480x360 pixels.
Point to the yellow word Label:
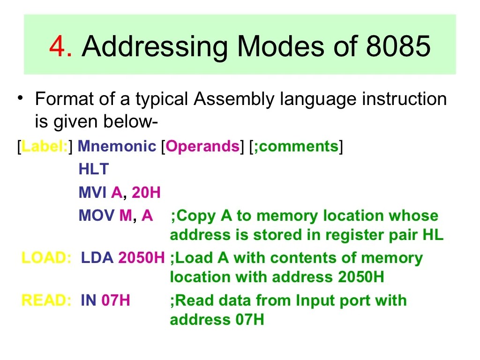click(x=45, y=147)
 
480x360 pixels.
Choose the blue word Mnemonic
click(x=117, y=147)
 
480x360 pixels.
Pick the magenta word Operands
click(x=202, y=147)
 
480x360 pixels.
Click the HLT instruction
click(x=93, y=169)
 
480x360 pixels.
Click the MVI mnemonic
click(x=92, y=192)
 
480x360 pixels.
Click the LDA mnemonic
click(x=97, y=258)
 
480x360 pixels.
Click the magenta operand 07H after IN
click(x=115, y=300)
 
